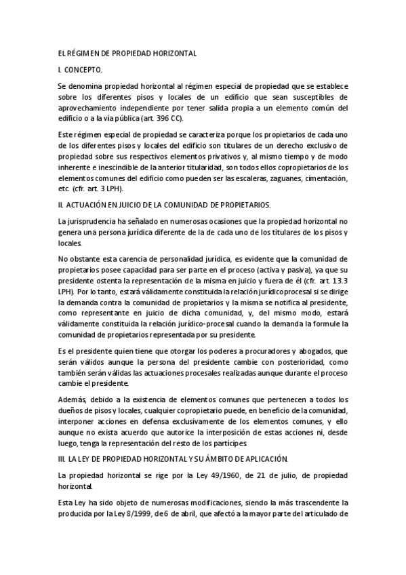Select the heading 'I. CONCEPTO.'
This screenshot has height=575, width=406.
pyautogui.click(x=81, y=70)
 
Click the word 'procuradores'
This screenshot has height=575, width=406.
pyautogui.click(x=251, y=351)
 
